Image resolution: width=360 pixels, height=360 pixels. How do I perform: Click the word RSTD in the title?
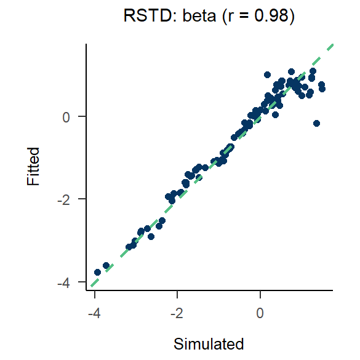141,17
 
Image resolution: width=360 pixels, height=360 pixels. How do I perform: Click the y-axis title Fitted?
33,166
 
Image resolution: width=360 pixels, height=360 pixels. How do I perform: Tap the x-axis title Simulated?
209,343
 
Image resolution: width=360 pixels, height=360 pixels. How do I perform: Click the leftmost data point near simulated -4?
97,272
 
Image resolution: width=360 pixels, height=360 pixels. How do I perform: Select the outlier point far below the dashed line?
316,123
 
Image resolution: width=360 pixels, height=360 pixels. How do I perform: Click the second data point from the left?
106,265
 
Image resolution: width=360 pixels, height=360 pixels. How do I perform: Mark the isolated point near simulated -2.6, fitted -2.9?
151,236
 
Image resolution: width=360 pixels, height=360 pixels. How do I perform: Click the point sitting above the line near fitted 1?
267,74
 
